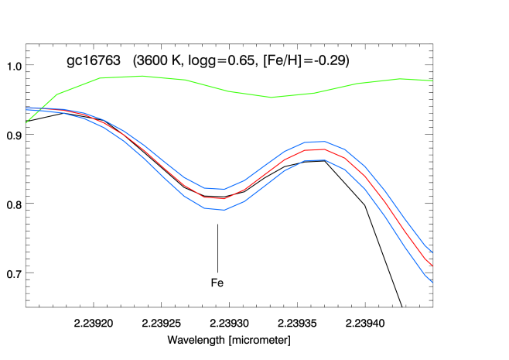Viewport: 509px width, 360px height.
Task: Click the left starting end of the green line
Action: (26, 122)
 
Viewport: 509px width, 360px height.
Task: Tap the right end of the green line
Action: (432, 81)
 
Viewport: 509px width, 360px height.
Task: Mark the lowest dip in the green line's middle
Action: (272, 97)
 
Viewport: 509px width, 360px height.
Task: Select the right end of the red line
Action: (432, 266)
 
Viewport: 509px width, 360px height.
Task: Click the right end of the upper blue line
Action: (432, 252)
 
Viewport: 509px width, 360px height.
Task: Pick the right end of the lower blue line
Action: (432, 283)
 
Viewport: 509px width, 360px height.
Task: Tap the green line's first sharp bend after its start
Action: (56, 94)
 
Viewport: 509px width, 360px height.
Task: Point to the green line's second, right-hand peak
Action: (399, 79)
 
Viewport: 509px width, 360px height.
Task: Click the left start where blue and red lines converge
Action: (27, 108)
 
